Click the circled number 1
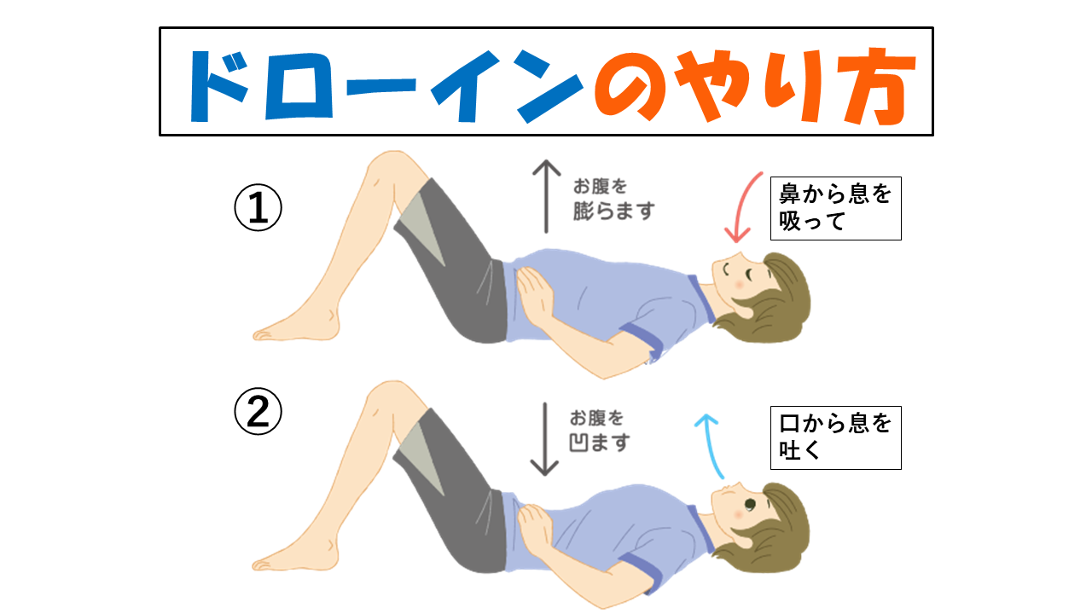pos(258,207)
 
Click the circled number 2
pos(258,411)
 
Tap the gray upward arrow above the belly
pos(546,196)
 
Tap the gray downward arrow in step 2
pos(544,439)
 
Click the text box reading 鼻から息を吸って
pos(835,208)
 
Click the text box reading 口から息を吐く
pos(835,437)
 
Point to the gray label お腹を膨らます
pos(613,200)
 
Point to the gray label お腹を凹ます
pos(599,431)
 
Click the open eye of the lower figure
pos(749,504)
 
